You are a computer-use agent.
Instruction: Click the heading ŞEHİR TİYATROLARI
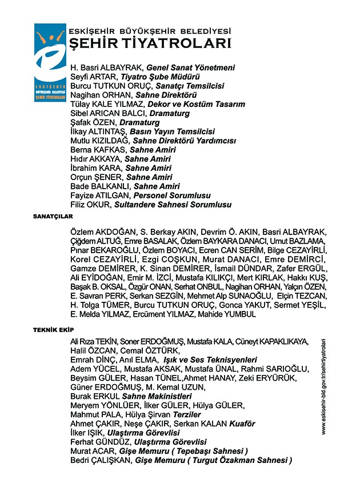click(x=150, y=43)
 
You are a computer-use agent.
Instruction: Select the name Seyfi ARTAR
click(x=93, y=77)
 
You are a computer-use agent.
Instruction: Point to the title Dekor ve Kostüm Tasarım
click(x=197, y=104)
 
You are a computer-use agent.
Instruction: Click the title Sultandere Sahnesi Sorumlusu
click(x=173, y=204)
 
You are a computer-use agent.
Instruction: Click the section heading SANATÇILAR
click(x=53, y=217)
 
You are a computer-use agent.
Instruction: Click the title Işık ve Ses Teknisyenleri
click(x=210, y=360)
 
